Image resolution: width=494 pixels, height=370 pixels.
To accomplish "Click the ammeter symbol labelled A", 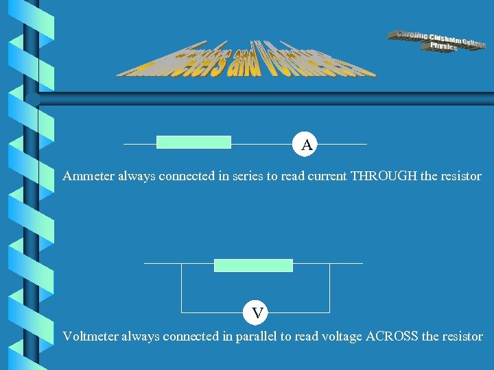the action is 307,145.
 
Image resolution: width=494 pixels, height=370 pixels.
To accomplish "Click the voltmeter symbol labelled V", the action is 257,313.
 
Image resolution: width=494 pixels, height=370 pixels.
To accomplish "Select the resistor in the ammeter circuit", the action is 193,142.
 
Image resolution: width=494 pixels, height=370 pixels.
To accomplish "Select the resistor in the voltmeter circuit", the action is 253,265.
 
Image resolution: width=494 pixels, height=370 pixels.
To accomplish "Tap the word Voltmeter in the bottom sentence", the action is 90,336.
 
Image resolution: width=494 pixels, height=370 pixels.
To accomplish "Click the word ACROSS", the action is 392,336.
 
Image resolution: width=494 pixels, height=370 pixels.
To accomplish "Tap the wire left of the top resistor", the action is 140,144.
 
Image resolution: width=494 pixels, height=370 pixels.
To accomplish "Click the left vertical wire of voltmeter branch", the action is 181,288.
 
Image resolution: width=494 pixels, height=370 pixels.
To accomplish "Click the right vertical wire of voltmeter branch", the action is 330,288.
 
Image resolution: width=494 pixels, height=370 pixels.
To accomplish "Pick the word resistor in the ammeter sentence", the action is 460,176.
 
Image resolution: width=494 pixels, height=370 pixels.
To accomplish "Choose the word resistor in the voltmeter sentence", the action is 462,336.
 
